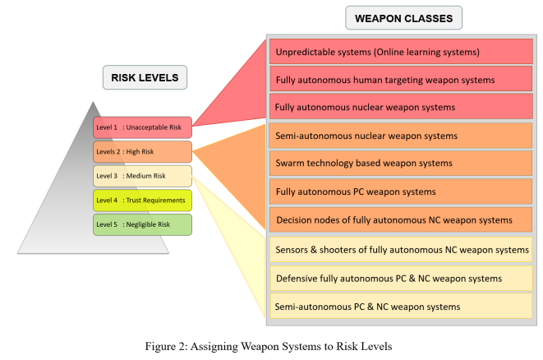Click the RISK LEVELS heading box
coord(145,77)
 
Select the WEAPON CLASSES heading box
coord(403,18)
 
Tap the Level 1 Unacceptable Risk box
coord(142,127)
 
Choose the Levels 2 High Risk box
coord(142,152)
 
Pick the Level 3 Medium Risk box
coord(142,176)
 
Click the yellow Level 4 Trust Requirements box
coord(142,201)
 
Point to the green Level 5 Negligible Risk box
coord(142,224)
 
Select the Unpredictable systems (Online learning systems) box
coord(401,52)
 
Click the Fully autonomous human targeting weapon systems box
coord(401,80)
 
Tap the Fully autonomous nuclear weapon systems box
coord(401,107)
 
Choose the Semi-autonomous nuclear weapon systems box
coord(401,136)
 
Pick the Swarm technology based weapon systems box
coord(401,164)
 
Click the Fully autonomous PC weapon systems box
coord(401,192)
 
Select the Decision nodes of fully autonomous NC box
coord(401,219)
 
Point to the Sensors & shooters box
coord(401,250)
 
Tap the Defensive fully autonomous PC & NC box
coord(401,279)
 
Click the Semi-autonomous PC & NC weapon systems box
coord(401,307)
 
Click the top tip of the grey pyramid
coord(93,102)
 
